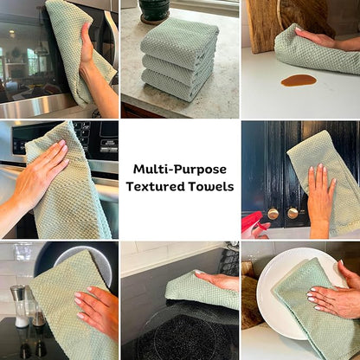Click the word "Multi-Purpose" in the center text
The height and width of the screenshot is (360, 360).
click(x=180, y=170)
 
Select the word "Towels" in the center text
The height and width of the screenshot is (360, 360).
click(x=211, y=186)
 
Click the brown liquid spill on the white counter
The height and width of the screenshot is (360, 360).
click(x=299, y=80)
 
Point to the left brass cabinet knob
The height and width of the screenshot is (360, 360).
click(x=273, y=214)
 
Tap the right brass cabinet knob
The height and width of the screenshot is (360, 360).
click(x=292, y=213)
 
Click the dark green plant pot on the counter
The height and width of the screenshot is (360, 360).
click(x=154, y=10)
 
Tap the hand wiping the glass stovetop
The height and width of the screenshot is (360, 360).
click(x=219, y=280)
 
